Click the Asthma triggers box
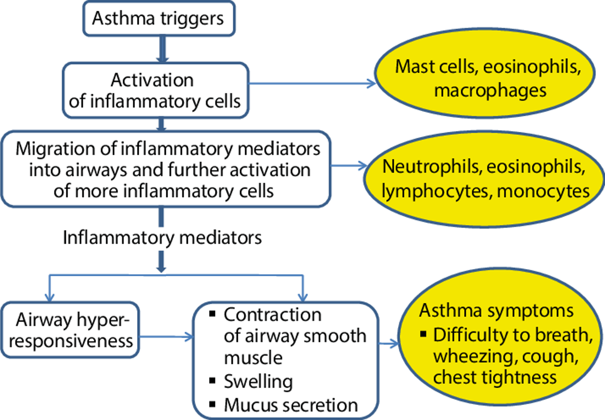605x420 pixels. pos(159,19)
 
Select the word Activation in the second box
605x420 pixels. pos(152,80)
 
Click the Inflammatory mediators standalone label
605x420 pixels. pos(162,238)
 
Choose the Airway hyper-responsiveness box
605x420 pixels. pos(70,330)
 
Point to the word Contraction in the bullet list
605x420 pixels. pos(272,314)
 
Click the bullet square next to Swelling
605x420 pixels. pos(212,380)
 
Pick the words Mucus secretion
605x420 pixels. pos(291,405)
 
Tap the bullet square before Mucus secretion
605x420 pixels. pos(212,404)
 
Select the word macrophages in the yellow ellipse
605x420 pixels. pos(490,91)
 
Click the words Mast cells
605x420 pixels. pos(436,67)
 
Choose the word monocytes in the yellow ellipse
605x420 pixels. pos(543,191)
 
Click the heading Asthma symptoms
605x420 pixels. pos(496,311)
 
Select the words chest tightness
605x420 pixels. pos(495,378)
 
